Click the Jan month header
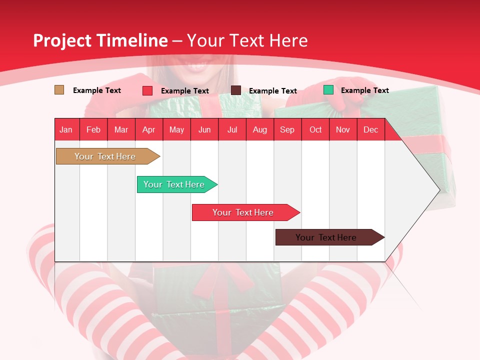point(66,129)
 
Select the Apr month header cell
point(149,129)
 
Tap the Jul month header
point(232,129)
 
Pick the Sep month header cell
point(287,129)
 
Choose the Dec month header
point(370,129)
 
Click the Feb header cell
point(93,129)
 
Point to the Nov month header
point(343,129)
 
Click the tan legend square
point(59,90)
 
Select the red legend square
point(147,90)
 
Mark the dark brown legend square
point(236,90)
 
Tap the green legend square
point(328,90)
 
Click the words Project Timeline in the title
point(100,40)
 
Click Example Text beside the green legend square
point(364,90)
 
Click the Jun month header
point(204,129)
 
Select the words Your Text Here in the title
point(247,40)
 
